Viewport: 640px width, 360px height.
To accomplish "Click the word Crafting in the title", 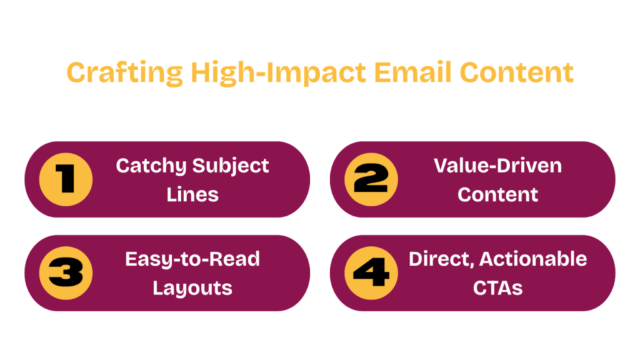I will pyautogui.click(x=124, y=72).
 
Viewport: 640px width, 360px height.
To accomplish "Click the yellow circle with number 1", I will pyautogui.click(x=66, y=179).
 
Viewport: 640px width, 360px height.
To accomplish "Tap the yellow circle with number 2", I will pyautogui.click(x=371, y=179).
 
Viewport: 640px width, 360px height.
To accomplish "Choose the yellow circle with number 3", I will pyautogui.click(x=66, y=273).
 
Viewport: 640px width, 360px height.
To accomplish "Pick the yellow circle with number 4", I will pyautogui.click(x=371, y=273).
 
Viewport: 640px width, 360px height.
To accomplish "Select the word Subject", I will pyautogui.click(x=231, y=166).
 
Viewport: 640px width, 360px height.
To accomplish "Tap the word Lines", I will pyautogui.click(x=192, y=194).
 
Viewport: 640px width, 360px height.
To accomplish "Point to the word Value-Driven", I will pyautogui.click(x=497, y=166).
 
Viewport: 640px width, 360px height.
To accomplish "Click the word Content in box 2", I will pyautogui.click(x=497, y=194).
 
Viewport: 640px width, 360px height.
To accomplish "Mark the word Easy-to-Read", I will pyautogui.click(x=192, y=259).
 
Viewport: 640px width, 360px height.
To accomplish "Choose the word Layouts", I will pyautogui.click(x=192, y=288).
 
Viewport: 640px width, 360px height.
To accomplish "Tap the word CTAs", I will pyautogui.click(x=497, y=288).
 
